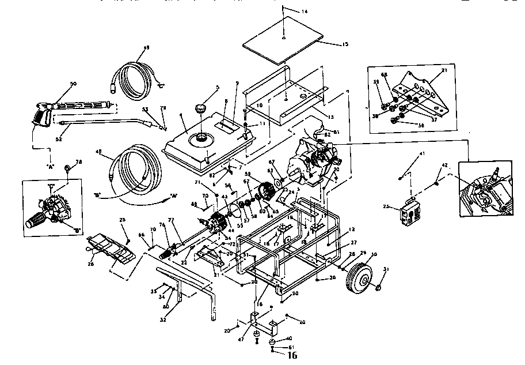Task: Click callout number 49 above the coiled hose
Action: point(146,47)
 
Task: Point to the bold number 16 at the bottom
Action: point(292,356)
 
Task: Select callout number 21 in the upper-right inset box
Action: point(444,70)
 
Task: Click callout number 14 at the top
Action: point(305,11)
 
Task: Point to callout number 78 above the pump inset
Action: point(79,162)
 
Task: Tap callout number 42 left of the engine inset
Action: point(444,165)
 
